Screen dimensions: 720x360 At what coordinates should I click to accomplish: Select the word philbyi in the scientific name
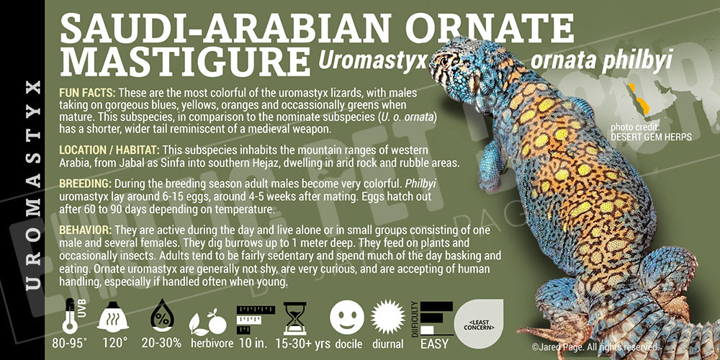coord(639,60)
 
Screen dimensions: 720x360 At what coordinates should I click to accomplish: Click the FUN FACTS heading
coord(88,93)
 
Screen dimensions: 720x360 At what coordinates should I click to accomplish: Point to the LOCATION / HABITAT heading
coord(109,150)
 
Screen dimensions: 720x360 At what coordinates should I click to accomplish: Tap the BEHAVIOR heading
coord(85,230)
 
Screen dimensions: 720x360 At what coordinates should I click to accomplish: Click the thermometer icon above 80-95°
coord(71,316)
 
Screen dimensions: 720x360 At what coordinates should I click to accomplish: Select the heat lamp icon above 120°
coord(113,316)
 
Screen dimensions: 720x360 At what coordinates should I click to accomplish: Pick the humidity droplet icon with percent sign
coord(163,316)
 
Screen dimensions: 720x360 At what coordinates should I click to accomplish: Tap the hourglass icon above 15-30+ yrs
coord(294,318)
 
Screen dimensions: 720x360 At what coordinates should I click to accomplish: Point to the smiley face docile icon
coord(347,318)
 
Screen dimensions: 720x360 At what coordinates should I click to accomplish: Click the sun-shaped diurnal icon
coord(387,318)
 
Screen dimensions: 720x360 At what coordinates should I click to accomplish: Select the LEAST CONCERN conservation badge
coord(479,323)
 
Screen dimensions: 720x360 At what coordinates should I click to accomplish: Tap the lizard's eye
coord(444,60)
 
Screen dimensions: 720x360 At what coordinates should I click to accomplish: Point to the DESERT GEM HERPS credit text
coord(651,137)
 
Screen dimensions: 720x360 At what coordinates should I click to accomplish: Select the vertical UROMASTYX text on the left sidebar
coord(33,185)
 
